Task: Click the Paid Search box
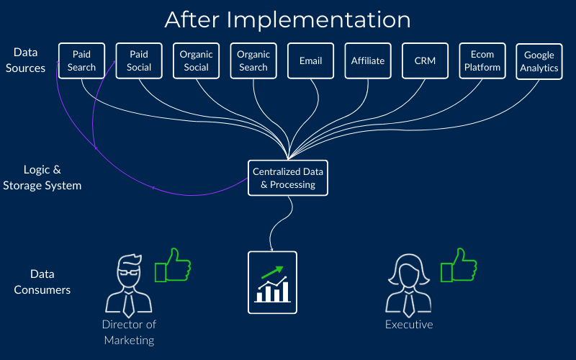click(x=81, y=60)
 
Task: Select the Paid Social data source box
click(x=139, y=60)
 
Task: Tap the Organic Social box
click(x=196, y=60)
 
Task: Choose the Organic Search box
click(x=253, y=60)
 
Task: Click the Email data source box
click(x=311, y=60)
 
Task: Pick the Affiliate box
click(x=368, y=60)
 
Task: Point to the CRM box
click(x=425, y=60)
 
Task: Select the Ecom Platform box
click(x=482, y=60)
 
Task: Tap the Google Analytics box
click(x=539, y=61)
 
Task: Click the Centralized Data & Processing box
click(x=288, y=178)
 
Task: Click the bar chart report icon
click(x=273, y=282)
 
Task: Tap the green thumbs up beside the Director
click(x=173, y=265)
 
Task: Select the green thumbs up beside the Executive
click(x=459, y=265)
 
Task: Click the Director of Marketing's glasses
click(x=129, y=273)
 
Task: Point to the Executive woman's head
click(x=409, y=270)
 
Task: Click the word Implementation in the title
click(x=318, y=20)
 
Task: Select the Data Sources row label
click(x=25, y=60)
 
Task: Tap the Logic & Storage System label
click(x=42, y=177)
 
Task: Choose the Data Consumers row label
click(x=42, y=282)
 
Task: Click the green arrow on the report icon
click(x=272, y=272)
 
